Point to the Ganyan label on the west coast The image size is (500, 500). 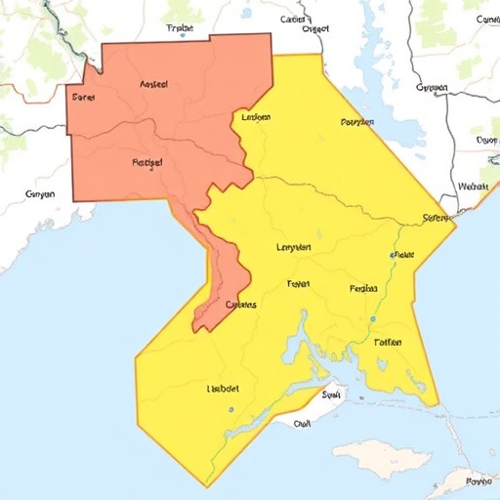39,194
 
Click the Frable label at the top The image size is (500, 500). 182,29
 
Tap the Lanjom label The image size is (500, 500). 254,117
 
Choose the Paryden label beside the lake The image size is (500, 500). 357,123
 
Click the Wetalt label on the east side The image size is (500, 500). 474,186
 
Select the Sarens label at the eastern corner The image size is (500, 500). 434,218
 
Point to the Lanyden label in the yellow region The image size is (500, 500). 294,247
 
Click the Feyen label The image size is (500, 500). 298,284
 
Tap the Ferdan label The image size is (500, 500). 362,289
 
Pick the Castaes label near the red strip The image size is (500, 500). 240,305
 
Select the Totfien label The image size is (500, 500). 388,343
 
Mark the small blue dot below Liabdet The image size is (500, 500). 230,410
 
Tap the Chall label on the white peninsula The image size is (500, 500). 303,424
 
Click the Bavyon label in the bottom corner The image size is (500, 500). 479,480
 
